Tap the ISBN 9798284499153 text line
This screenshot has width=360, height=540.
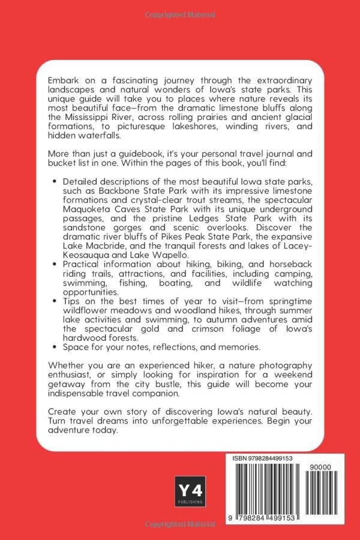coord(263,458)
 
